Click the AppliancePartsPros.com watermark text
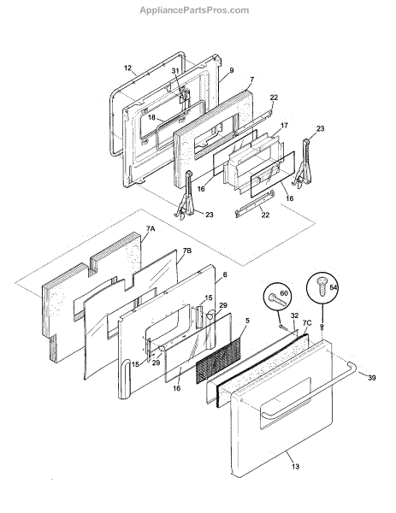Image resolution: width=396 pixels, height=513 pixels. tap(194, 10)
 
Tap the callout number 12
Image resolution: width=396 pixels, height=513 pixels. tap(127, 68)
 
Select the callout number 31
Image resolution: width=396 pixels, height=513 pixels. tap(175, 71)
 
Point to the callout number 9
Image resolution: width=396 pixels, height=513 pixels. tap(232, 70)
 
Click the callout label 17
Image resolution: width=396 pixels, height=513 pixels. tap(284, 126)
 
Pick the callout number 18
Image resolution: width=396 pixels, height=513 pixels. tap(151, 117)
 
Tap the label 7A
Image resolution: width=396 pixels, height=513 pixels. tap(151, 229)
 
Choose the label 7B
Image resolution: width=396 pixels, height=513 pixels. tap(186, 251)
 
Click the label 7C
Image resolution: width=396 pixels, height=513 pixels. tap(307, 323)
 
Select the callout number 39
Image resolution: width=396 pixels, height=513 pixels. tap(371, 378)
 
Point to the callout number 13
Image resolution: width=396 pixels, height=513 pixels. tap(295, 466)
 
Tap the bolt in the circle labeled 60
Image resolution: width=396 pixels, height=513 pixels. tap(275, 298)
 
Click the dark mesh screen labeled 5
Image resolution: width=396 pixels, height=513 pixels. tap(218, 360)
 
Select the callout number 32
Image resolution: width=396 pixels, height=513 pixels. tap(294, 315)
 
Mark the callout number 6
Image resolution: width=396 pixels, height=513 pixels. tap(225, 274)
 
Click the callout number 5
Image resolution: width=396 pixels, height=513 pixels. tap(247, 321)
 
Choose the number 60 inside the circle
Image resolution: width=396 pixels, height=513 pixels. tap(284, 292)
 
